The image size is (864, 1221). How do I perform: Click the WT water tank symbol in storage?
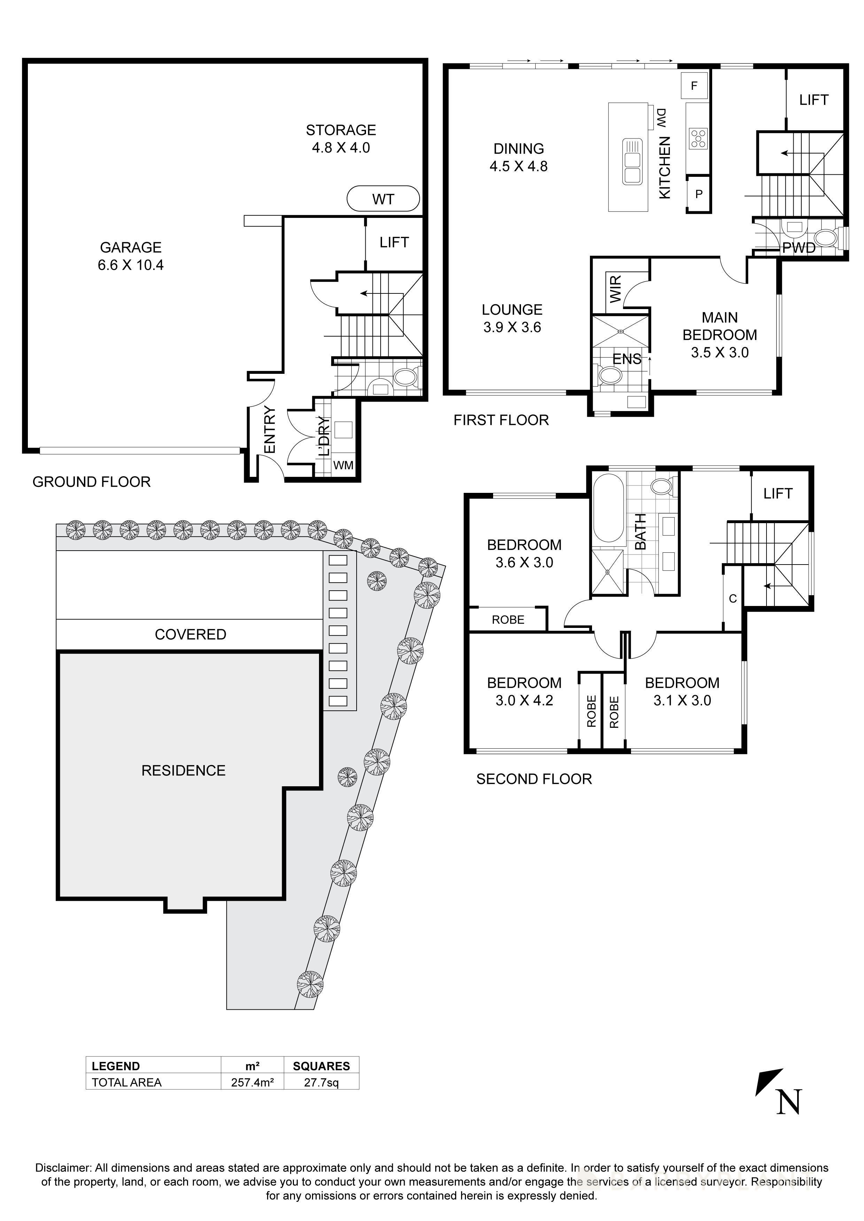[383, 199]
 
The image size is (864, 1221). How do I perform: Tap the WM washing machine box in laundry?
[343, 465]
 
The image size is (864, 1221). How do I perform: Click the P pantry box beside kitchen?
[699, 194]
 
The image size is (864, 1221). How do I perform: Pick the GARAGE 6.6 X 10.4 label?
[131, 256]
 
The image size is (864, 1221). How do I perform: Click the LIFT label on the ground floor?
[394, 243]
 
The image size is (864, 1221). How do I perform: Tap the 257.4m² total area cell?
[252, 1082]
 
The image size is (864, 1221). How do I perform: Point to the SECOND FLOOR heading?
[534, 779]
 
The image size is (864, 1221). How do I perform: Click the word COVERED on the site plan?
[190, 635]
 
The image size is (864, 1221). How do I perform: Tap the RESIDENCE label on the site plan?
[183, 771]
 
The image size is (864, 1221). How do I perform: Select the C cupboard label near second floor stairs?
[733, 599]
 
